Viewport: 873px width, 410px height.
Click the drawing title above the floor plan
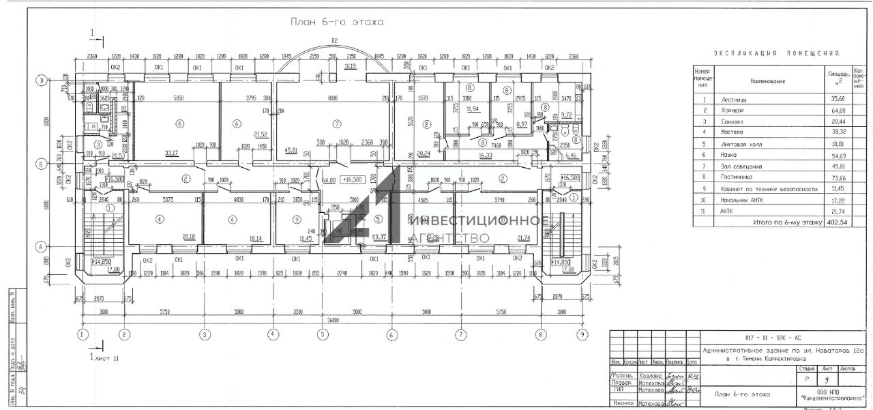(x=337, y=22)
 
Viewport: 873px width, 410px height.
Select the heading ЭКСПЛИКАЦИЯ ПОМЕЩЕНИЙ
(x=776, y=53)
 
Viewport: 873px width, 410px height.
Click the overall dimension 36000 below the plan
(x=332, y=320)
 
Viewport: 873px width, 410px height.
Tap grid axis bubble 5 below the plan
(x=322, y=335)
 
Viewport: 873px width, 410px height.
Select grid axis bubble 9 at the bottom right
(x=582, y=335)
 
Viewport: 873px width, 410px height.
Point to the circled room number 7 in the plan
(x=336, y=123)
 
